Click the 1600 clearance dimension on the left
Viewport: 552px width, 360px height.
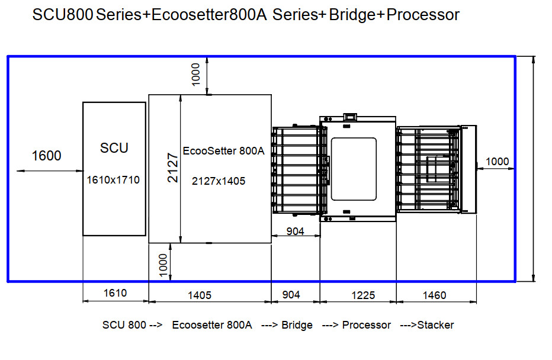pos(46,156)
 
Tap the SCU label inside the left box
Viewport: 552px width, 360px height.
pos(114,148)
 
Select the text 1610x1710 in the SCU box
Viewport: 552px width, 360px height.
pos(114,179)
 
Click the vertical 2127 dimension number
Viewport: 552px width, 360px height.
pos(172,168)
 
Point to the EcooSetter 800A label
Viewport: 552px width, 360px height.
pos(224,150)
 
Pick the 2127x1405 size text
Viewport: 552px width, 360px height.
pos(219,181)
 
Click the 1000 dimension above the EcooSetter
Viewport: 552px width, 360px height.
pos(196,74)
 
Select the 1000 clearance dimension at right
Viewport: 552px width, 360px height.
pos(497,161)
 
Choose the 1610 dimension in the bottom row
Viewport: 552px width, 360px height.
pos(115,294)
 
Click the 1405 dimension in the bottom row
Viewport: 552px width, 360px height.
pos(200,295)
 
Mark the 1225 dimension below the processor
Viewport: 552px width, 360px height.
pos(363,295)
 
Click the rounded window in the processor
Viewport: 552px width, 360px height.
pos(354,168)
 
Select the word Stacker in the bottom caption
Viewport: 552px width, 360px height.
pos(435,325)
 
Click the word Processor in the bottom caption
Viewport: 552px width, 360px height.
pos(367,325)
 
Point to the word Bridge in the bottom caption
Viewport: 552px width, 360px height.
pos(297,325)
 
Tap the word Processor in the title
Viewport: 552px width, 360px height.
pos(422,15)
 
